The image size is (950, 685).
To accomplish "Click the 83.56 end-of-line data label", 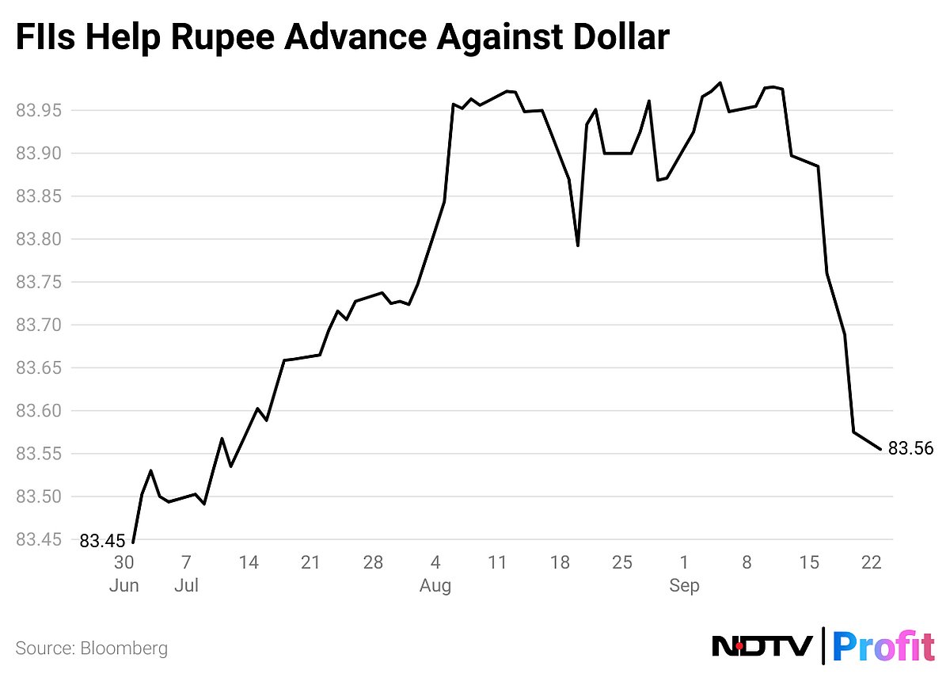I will click(910, 449).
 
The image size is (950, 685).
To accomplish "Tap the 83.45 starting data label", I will click(102, 542).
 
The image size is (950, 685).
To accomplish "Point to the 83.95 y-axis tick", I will click(37, 110).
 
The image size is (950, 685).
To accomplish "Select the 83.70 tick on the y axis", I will click(37, 325).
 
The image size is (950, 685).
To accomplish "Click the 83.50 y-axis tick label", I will click(37, 497).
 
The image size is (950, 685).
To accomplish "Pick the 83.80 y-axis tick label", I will click(37, 239).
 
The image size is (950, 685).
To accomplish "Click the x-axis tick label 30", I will click(123, 563).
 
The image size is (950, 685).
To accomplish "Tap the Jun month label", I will click(123, 586).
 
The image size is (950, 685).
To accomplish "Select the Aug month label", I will click(435, 586).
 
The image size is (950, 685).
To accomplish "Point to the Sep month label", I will click(684, 586).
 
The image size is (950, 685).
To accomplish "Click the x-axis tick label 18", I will click(560, 563).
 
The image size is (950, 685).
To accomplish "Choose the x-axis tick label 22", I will click(871, 563).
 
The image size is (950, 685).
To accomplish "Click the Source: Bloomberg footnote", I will click(92, 649).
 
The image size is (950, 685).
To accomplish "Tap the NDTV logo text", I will click(762, 647).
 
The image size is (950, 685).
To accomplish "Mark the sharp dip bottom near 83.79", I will click(578, 245).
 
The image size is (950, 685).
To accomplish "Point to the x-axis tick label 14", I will click(249, 563).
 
